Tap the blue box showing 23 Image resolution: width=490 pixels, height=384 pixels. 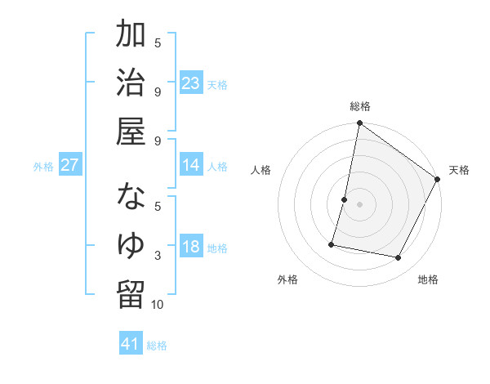[x=191, y=83]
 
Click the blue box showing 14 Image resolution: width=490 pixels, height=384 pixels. [x=191, y=165]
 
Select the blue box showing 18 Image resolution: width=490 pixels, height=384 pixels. [x=191, y=247]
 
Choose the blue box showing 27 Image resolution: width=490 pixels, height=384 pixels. [x=69, y=165]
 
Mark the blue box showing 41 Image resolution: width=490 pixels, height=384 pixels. [x=131, y=344]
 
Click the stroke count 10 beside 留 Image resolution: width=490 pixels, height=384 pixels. [x=158, y=305]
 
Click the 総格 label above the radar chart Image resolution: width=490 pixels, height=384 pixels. [x=360, y=106]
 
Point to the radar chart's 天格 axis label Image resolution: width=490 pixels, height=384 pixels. [x=459, y=170]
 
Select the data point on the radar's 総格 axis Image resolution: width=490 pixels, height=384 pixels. [x=359, y=124]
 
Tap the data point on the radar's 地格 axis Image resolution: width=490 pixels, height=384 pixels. [x=399, y=258]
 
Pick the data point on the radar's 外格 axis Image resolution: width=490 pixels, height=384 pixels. [x=332, y=243]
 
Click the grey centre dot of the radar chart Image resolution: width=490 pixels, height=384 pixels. [x=359, y=204]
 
